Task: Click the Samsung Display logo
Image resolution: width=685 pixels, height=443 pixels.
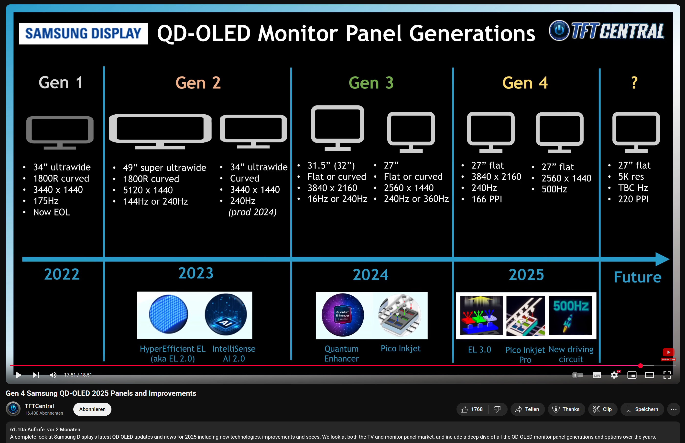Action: click(x=83, y=34)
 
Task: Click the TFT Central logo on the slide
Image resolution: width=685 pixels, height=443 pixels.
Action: click(x=607, y=31)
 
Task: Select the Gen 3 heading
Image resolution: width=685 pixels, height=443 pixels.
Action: click(x=371, y=83)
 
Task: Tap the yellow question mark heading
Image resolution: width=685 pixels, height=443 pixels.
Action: click(x=634, y=83)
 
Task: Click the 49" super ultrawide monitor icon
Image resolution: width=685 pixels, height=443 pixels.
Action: click(x=160, y=131)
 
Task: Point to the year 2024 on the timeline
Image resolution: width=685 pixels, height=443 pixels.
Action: click(x=370, y=274)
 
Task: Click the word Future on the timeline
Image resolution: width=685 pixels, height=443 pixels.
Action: click(x=637, y=277)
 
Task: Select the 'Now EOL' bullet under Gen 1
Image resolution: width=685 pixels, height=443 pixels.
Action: click(x=51, y=212)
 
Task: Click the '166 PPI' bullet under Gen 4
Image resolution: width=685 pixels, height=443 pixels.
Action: click(x=487, y=199)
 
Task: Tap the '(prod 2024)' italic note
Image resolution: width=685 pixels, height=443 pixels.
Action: click(x=252, y=212)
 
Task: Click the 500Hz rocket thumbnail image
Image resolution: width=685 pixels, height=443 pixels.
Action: click(x=570, y=315)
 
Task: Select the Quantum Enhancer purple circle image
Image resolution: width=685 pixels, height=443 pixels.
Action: click(x=342, y=315)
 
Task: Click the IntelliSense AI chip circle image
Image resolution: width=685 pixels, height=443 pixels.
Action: click(x=226, y=314)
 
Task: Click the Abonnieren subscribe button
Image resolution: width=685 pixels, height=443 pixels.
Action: click(x=92, y=409)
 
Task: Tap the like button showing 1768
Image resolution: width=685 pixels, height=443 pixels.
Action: click(x=472, y=409)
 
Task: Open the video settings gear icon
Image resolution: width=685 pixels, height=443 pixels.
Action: click(x=614, y=375)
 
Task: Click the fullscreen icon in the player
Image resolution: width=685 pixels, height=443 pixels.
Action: click(x=667, y=375)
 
